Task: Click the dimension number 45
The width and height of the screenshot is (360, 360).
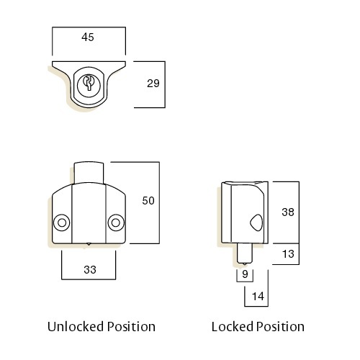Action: pos(88,37)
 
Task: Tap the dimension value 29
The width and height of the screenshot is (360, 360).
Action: pos(153,84)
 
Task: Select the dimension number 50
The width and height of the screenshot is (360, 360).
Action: pos(148,201)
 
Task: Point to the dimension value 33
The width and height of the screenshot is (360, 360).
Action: pos(90,270)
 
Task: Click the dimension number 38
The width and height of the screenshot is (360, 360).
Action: pos(288,212)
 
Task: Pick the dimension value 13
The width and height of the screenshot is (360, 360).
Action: pos(288,254)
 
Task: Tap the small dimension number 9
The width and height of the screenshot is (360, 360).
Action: pos(245,274)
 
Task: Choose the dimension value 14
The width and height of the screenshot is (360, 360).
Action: pos(258,297)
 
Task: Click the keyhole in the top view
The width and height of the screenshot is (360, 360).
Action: pos(89,83)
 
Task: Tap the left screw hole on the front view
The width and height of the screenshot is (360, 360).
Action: pos(62,222)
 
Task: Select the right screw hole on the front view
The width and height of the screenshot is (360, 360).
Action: pos(116,222)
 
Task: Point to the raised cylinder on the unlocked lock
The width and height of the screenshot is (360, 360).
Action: pos(89,173)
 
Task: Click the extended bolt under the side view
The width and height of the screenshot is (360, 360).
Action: pos(244,253)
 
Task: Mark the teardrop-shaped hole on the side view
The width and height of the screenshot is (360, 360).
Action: pos(256,222)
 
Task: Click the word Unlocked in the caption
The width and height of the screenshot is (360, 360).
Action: pos(76,327)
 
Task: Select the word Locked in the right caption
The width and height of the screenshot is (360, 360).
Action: pos(233,327)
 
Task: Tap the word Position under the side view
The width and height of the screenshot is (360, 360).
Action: pos(280,327)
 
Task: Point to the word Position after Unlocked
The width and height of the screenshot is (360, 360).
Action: pos(131,327)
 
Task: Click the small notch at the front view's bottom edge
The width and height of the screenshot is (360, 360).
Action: pos(89,244)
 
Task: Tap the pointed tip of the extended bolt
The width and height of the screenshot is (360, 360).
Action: pos(244,264)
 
